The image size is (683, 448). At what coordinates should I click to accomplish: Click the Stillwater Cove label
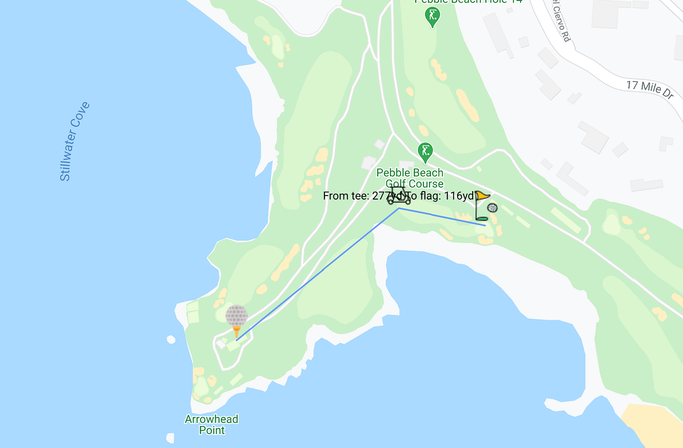pos(74,141)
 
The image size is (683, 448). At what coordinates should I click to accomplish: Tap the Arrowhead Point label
pos(211,424)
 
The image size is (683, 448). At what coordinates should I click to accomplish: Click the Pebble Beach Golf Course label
pos(410,178)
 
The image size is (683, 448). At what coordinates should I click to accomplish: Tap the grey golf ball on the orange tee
pos(236,315)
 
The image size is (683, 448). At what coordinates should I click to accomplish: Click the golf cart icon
pos(399,196)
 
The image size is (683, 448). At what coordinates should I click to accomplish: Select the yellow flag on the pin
pos(483,196)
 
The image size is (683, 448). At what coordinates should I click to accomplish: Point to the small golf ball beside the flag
pos(492,208)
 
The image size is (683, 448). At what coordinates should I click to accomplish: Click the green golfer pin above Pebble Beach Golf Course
pos(425,152)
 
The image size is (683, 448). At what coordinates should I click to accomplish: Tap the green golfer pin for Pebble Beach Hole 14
pos(432,17)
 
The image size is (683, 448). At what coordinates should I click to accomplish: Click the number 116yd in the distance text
pos(459,196)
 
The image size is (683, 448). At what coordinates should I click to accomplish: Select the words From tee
pos(346,196)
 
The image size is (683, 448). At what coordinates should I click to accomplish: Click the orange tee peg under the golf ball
pos(236,331)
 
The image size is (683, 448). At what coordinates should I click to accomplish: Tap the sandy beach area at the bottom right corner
pos(654,422)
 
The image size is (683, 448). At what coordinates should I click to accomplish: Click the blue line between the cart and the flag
pos(443,217)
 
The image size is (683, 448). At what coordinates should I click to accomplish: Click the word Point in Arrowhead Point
pos(212,430)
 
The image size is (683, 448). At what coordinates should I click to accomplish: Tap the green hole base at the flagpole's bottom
pos(481,219)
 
